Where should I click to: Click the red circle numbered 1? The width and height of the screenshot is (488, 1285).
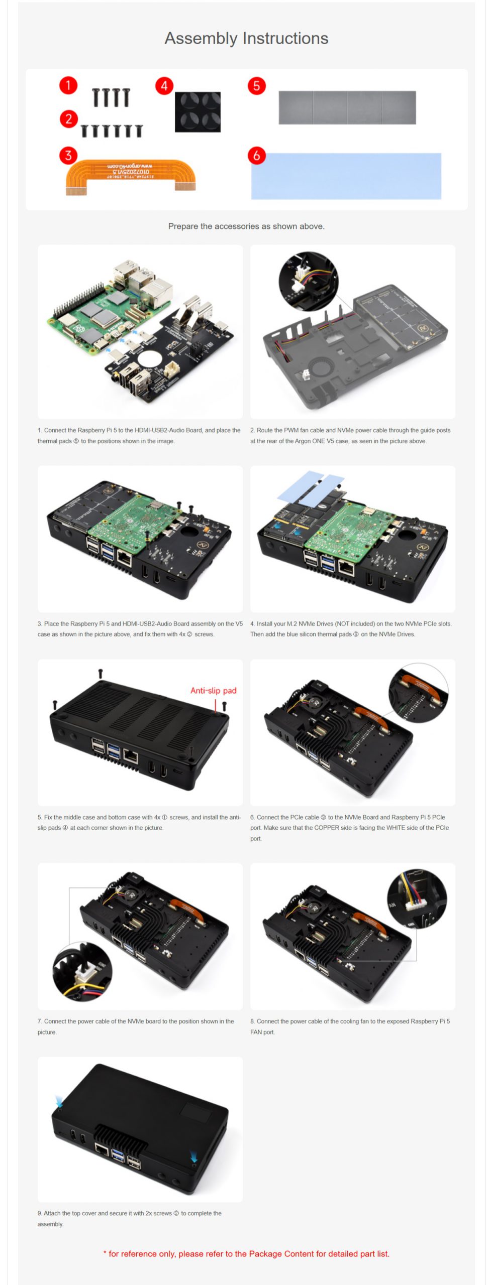pos(68,85)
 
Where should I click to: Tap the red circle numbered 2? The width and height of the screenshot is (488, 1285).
pos(68,119)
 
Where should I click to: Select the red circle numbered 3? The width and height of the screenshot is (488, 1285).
pos(68,155)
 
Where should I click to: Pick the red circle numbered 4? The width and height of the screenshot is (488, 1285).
pos(164,86)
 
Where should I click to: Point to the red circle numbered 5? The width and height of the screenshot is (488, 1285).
pos(256,86)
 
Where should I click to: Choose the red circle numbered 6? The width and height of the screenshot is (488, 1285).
pos(256,155)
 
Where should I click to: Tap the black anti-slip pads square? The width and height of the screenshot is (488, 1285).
pos(198,112)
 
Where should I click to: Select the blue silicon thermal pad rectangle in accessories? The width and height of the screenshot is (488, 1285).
pos(346,176)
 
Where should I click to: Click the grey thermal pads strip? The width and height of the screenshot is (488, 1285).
pos(347,107)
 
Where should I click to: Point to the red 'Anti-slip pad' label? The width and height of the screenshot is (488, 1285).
pos(213,691)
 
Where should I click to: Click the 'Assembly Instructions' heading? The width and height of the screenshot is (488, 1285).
pos(246,38)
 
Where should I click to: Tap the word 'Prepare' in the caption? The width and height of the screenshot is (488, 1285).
pos(183,226)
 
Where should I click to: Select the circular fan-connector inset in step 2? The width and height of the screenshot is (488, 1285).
pos(309,281)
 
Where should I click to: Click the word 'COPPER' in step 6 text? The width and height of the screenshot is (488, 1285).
pos(327,828)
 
